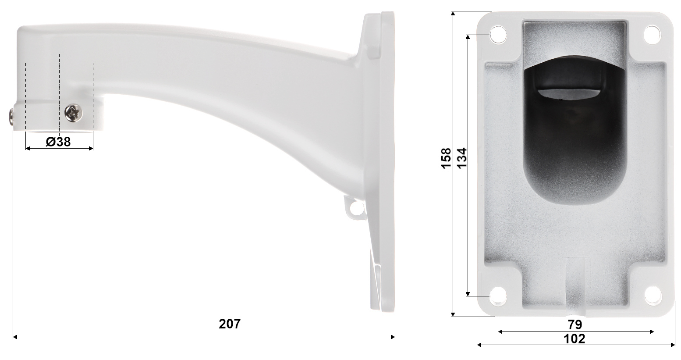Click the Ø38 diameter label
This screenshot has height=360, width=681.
(58, 142)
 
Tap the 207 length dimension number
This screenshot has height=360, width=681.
(230, 324)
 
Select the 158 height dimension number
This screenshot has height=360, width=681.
(446, 158)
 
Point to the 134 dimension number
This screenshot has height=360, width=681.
(462, 158)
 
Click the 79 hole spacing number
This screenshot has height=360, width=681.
(575, 324)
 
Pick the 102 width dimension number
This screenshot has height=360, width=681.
(574, 339)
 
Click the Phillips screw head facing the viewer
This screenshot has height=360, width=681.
(74, 113)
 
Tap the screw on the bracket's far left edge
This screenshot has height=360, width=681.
(11, 116)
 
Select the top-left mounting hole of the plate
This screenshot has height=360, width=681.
(498, 35)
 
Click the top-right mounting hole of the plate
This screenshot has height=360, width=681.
(652, 34)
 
